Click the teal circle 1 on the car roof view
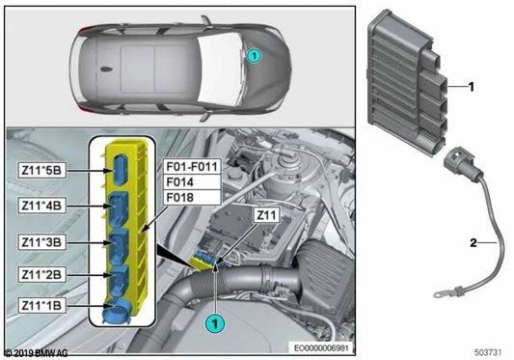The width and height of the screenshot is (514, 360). [253, 56]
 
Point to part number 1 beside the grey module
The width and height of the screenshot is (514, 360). [472, 87]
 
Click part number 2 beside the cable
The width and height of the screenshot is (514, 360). [472, 244]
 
